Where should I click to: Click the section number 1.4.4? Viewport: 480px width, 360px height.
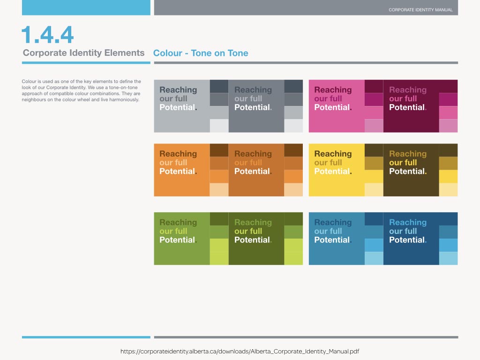(x=47, y=35)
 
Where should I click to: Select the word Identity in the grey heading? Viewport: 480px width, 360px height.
(x=85, y=53)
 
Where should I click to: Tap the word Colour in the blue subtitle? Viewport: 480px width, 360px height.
(x=168, y=53)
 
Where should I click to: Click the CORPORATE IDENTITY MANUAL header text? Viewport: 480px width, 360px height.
(x=420, y=10)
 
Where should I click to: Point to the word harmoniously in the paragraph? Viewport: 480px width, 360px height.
(x=124, y=100)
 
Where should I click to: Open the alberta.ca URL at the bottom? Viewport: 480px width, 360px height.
(x=240, y=352)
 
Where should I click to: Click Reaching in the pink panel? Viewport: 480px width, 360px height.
(x=333, y=90)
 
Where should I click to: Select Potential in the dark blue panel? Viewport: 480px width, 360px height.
(x=407, y=240)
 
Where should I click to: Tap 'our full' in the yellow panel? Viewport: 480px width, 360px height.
(x=328, y=163)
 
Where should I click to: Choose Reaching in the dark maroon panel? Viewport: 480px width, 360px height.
(x=408, y=90)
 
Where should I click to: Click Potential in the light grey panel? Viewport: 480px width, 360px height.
(x=177, y=107)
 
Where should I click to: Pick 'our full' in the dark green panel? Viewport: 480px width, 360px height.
(x=248, y=231)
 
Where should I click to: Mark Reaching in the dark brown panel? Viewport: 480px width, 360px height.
(x=408, y=154)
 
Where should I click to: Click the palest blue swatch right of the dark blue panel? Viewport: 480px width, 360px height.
(x=448, y=258)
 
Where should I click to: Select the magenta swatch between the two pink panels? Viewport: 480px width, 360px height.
(x=374, y=99)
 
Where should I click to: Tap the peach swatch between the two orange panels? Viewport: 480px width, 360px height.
(x=219, y=190)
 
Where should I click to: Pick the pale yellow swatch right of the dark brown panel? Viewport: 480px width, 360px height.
(x=448, y=190)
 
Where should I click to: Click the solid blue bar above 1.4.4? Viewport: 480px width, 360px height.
(x=86, y=7)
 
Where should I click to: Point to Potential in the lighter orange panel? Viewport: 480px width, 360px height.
(x=177, y=171)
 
